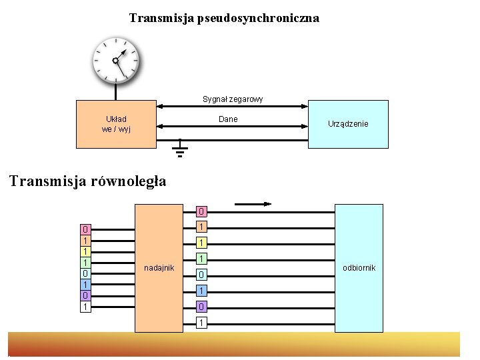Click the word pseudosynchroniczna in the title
point(257,18)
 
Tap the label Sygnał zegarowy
point(233,99)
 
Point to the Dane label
point(228,119)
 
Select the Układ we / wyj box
point(116,124)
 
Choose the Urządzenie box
point(348,124)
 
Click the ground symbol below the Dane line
point(179,152)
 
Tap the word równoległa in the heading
point(127,181)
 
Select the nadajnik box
point(159,267)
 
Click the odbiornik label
point(359,267)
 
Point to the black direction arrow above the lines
point(253,203)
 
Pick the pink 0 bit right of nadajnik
point(201,212)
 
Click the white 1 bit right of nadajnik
point(201,323)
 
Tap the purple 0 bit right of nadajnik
point(201,307)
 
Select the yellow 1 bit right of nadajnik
point(201,243)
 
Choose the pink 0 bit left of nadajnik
point(85,229)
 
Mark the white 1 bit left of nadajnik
point(85,307)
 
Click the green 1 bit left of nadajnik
point(85,263)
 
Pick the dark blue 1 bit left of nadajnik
point(85,285)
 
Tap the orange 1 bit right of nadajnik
point(201,227)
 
